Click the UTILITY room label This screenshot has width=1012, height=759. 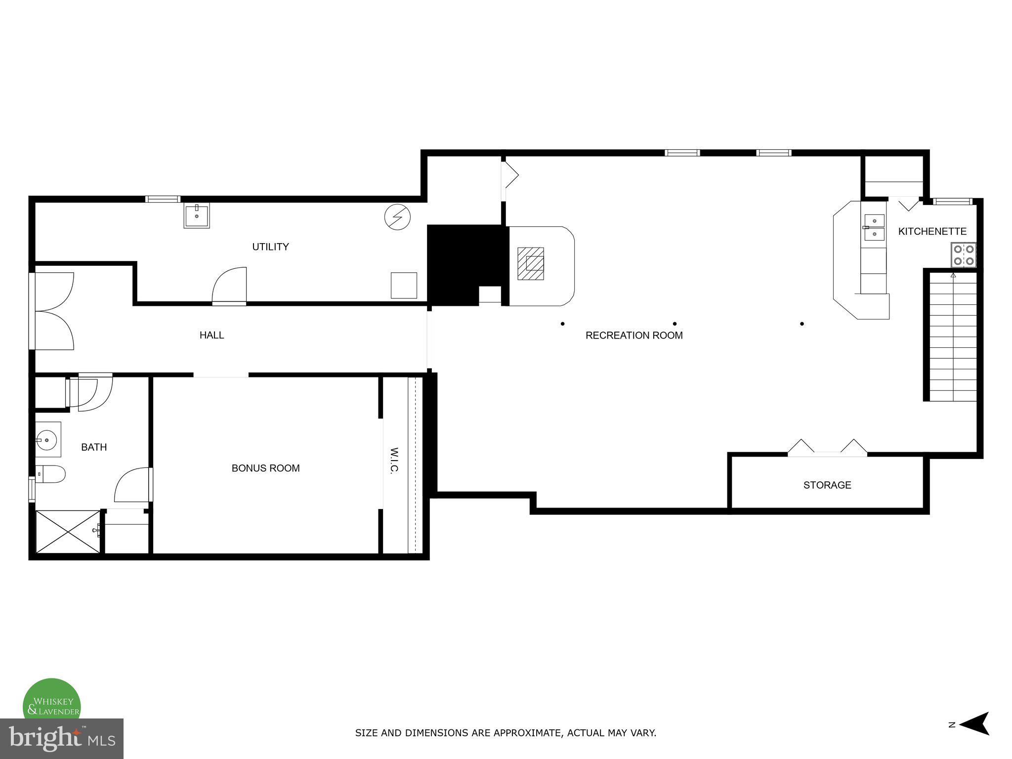[x=270, y=247]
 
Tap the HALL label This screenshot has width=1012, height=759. [x=211, y=335]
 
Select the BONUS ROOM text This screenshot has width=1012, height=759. [x=265, y=468]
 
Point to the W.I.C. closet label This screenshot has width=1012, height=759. [x=394, y=461]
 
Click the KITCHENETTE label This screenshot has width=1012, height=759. [x=932, y=231]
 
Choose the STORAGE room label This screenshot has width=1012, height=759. [x=827, y=485]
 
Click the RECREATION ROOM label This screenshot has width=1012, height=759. [x=633, y=336]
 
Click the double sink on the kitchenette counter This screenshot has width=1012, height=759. [x=874, y=227]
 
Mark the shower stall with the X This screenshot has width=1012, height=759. [x=68, y=532]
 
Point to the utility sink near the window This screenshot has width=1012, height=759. [x=197, y=215]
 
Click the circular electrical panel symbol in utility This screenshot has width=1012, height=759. [x=397, y=217]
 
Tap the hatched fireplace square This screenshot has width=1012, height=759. [x=531, y=263]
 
